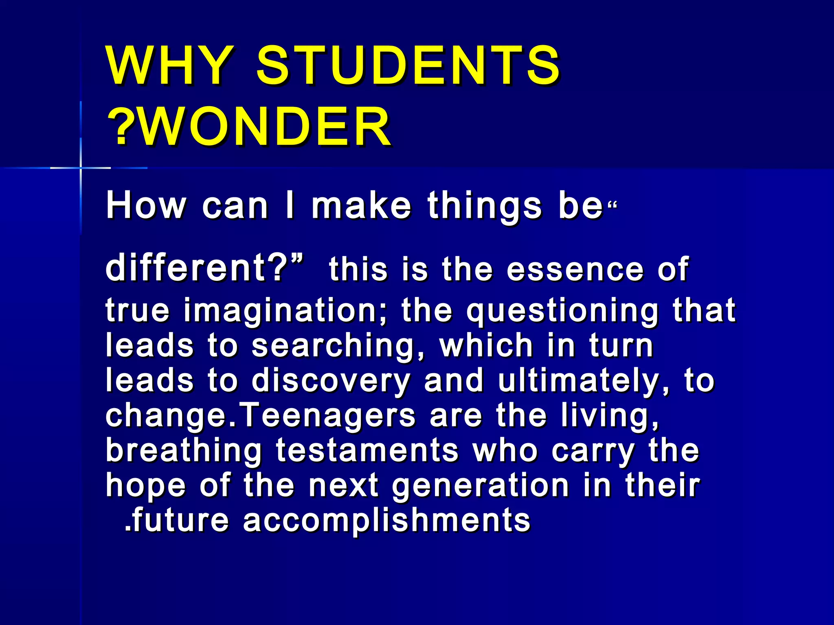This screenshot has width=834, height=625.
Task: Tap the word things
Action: [485, 207]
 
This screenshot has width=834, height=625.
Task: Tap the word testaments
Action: [367, 451]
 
